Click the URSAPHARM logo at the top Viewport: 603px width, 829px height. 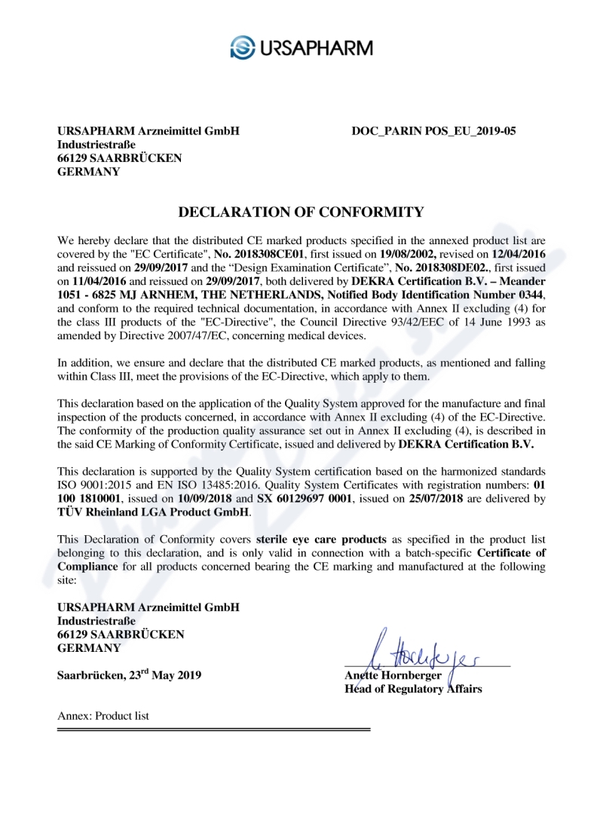[x=301, y=47]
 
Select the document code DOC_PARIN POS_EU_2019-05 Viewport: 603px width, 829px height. [x=433, y=131]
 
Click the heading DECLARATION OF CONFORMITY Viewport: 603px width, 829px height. [x=301, y=212]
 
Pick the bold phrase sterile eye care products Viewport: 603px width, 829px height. [x=322, y=540]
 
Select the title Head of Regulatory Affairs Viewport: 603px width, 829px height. [x=413, y=689]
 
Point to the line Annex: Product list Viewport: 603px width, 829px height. [x=103, y=716]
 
